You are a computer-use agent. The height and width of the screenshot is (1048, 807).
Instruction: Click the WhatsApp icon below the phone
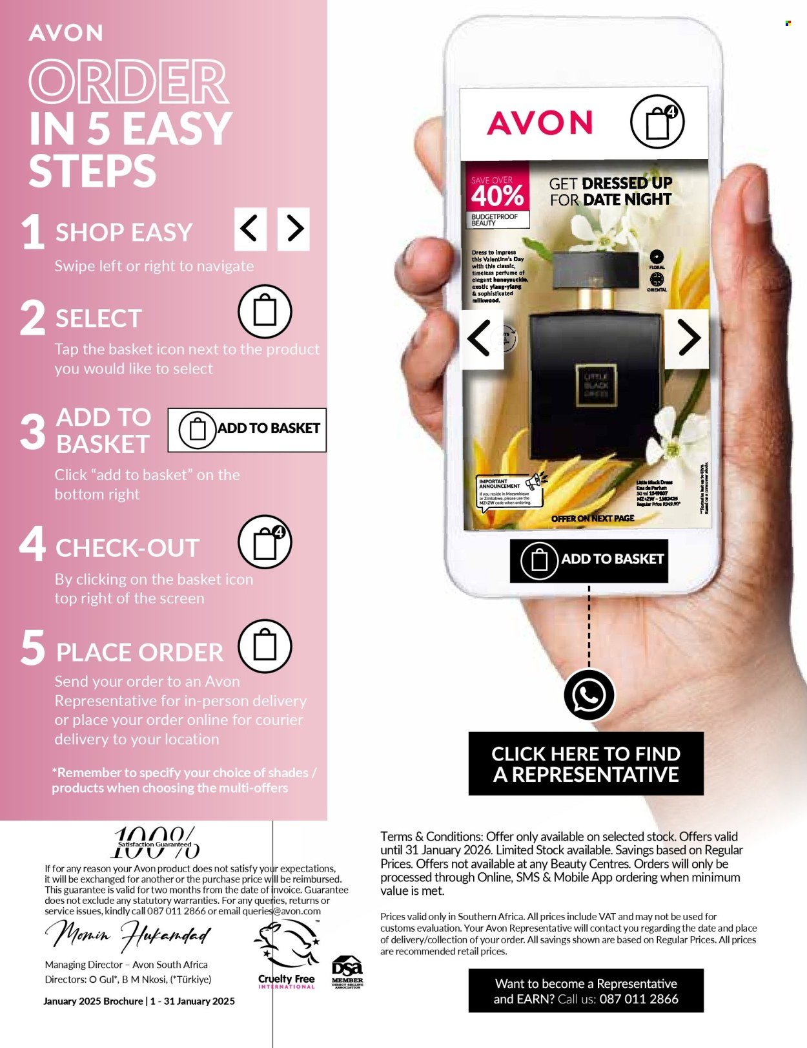coord(588,695)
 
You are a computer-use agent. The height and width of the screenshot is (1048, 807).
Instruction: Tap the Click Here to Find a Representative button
coord(586,764)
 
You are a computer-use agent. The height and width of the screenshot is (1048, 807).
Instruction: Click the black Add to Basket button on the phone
coord(589,560)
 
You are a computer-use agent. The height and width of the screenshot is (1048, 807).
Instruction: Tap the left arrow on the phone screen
coord(482,337)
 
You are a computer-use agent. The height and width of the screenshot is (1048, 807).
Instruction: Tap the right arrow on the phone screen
coord(687,337)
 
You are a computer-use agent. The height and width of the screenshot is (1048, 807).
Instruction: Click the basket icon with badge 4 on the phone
coord(657,121)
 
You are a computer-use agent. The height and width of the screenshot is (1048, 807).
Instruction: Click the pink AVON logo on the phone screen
coord(540,123)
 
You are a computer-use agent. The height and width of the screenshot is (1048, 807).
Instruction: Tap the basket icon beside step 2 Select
coord(265,311)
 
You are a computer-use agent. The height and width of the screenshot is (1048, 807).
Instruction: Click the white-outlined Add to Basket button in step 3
coord(247,430)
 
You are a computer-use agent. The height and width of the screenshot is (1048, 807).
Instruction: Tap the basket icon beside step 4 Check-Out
coord(265,542)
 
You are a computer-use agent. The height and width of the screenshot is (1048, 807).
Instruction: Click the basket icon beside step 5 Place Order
coord(265,646)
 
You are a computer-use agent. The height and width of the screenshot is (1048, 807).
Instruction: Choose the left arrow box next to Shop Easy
coord(250,229)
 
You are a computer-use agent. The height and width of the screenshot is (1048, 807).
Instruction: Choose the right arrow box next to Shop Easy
coord(294,229)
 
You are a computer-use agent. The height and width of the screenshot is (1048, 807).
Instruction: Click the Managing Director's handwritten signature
coord(128,934)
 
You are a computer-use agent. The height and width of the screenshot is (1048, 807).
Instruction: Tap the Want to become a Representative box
coord(586,990)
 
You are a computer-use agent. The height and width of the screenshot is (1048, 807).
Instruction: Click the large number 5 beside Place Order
coord(32,648)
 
